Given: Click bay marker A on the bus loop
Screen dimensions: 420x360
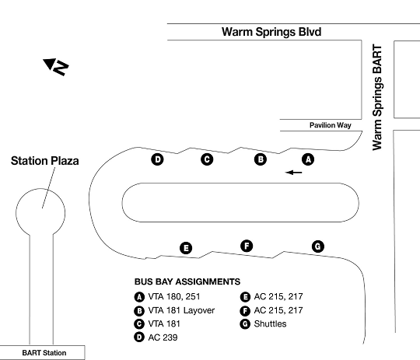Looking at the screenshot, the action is pos(308,159).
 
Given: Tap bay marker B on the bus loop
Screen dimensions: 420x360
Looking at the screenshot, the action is pos(261,159).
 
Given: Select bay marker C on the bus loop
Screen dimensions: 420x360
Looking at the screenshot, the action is pos(207,159).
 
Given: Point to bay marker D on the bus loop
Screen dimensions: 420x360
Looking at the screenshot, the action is pos(157,159).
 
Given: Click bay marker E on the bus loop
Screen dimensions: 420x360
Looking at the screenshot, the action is pos(186,248).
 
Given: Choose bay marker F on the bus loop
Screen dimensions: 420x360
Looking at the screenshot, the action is pos(247,246).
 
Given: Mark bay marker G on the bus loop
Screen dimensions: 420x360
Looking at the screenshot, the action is pos(318,246).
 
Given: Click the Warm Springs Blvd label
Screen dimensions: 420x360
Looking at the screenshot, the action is pos(271,32).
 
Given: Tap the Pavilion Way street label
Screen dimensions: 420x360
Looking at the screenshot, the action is pos(331,125).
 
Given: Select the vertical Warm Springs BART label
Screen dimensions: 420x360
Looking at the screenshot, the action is pos(377,97).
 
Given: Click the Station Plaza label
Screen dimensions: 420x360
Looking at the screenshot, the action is pos(45,161).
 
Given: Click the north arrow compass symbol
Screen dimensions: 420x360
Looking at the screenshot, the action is pos(56,66).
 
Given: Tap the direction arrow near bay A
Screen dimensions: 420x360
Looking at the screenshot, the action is pos(293,173).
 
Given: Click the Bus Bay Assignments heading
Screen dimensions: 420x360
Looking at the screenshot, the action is pos(187,281).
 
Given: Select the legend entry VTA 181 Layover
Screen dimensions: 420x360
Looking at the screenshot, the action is pos(174,310).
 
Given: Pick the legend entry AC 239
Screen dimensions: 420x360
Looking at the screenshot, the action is pos(156,337).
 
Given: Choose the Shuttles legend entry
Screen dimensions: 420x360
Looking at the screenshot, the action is pos(263,323).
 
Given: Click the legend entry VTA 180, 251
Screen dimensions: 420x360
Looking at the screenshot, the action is pos(167,297).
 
